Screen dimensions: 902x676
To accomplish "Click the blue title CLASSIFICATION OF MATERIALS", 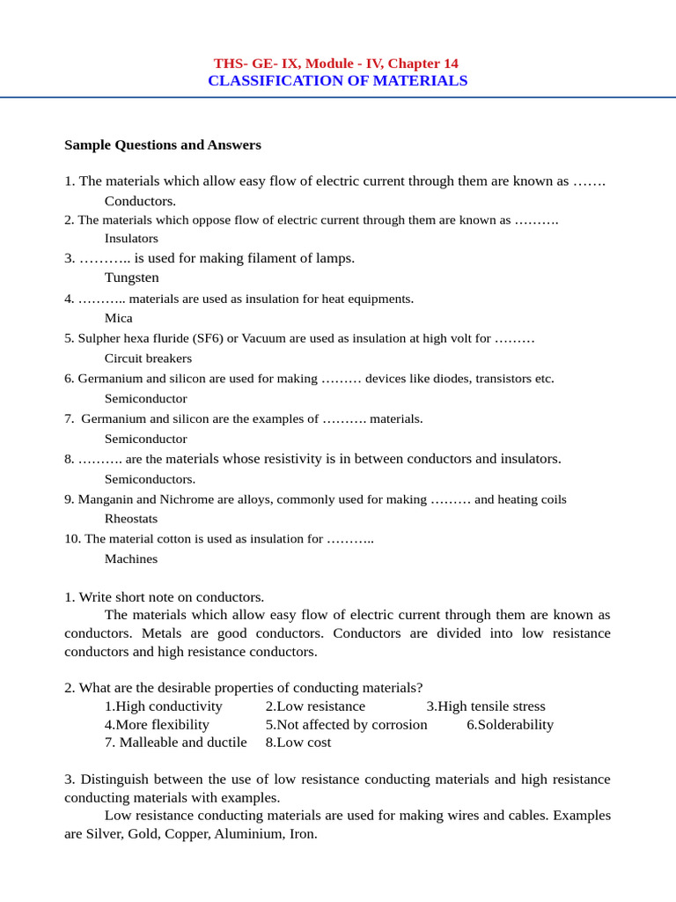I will pyautogui.click(x=337, y=81).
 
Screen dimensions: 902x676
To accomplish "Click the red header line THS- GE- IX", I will pyautogui.click(x=335, y=63).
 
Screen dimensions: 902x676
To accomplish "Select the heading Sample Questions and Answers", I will pyautogui.click(x=163, y=144).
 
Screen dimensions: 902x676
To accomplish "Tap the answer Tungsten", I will pyautogui.click(x=132, y=277).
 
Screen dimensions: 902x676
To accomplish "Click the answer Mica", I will pyautogui.click(x=119, y=318).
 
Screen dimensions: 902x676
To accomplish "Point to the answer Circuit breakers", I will pyautogui.click(x=148, y=359).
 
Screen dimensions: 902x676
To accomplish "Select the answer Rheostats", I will pyautogui.click(x=131, y=519).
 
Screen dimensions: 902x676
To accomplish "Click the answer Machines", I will pyautogui.click(x=131, y=558).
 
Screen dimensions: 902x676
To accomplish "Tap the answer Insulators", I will pyautogui.click(x=131, y=238).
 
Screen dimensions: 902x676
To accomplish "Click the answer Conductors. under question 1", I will pyautogui.click(x=140, y=201).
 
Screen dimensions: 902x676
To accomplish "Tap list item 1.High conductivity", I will pyautogui.click(x=164, y=706).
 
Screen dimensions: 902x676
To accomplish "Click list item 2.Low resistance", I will pyautogui.click(x=315, y=706).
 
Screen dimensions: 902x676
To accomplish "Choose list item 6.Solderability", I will pyautogui.click(x=511, y=725).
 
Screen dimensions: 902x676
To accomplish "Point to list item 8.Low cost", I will pyautogui.click(x=298, y=743).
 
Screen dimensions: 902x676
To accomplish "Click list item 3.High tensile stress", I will pyautogui.click(x=486, y=706).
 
